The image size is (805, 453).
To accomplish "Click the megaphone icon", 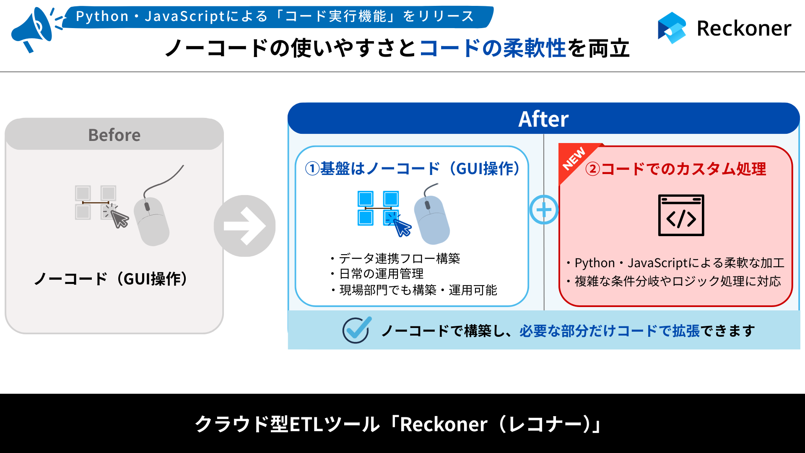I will (34, 29).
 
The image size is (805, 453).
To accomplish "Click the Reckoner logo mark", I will (672, 28).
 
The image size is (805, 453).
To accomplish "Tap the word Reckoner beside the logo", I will (744, 29).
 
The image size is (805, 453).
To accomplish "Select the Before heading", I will (114, 135).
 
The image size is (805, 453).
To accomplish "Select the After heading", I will (543, 119).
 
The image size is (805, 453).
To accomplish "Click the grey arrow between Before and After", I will (245, 226).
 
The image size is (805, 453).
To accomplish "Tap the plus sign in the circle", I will (544, 210).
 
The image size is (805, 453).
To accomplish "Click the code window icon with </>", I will (681, 215).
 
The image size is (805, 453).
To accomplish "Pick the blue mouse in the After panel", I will (432, 219).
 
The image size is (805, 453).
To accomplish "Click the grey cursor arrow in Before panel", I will (120, 219).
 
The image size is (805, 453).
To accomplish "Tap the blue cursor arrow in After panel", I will (402, 228).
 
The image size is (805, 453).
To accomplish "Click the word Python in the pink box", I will (595, 263).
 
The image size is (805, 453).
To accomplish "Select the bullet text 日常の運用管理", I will (381, 274).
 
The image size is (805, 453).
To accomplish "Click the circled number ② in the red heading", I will (593, 169).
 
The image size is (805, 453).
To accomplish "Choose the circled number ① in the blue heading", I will (313, 169).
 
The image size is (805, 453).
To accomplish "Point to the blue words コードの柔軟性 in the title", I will (493, 48).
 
